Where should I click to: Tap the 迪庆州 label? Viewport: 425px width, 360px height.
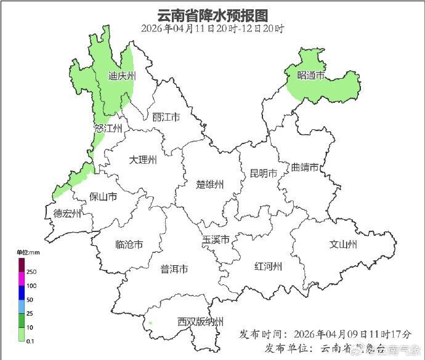(121, 76)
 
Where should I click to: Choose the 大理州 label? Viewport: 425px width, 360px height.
(143, 160)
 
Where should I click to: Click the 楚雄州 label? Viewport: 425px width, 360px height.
(210, 185)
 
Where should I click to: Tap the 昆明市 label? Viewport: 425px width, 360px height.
(263, 173)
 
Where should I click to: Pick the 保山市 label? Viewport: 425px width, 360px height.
(103, 197)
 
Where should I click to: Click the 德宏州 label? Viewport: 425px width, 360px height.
(67, 214)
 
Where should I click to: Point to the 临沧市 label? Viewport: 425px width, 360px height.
(129, 244)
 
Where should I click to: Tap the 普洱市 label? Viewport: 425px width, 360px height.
(174, 269)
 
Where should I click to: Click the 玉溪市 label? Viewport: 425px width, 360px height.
(216, 239)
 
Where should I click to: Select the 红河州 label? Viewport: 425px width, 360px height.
(269, 266)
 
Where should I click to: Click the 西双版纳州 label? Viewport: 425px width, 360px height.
(200, 322)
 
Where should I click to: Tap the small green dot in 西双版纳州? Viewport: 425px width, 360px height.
(150, 322)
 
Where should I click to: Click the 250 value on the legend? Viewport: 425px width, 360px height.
(31, 271)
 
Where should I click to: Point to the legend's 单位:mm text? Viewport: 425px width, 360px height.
(28, 252)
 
